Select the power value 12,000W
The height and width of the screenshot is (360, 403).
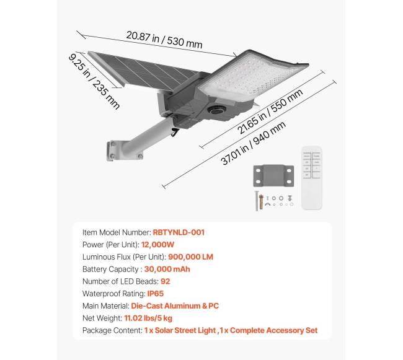[157, 245]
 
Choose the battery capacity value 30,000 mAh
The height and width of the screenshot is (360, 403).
[166, 269]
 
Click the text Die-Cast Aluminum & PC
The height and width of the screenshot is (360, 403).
[175, 305]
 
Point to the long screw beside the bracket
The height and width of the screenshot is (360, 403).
[256, 201]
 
